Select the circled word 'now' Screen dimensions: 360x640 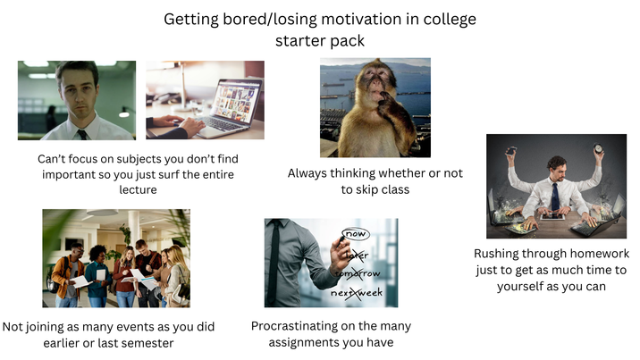coord(356,234)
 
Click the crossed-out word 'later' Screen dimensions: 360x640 coord(357,255)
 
